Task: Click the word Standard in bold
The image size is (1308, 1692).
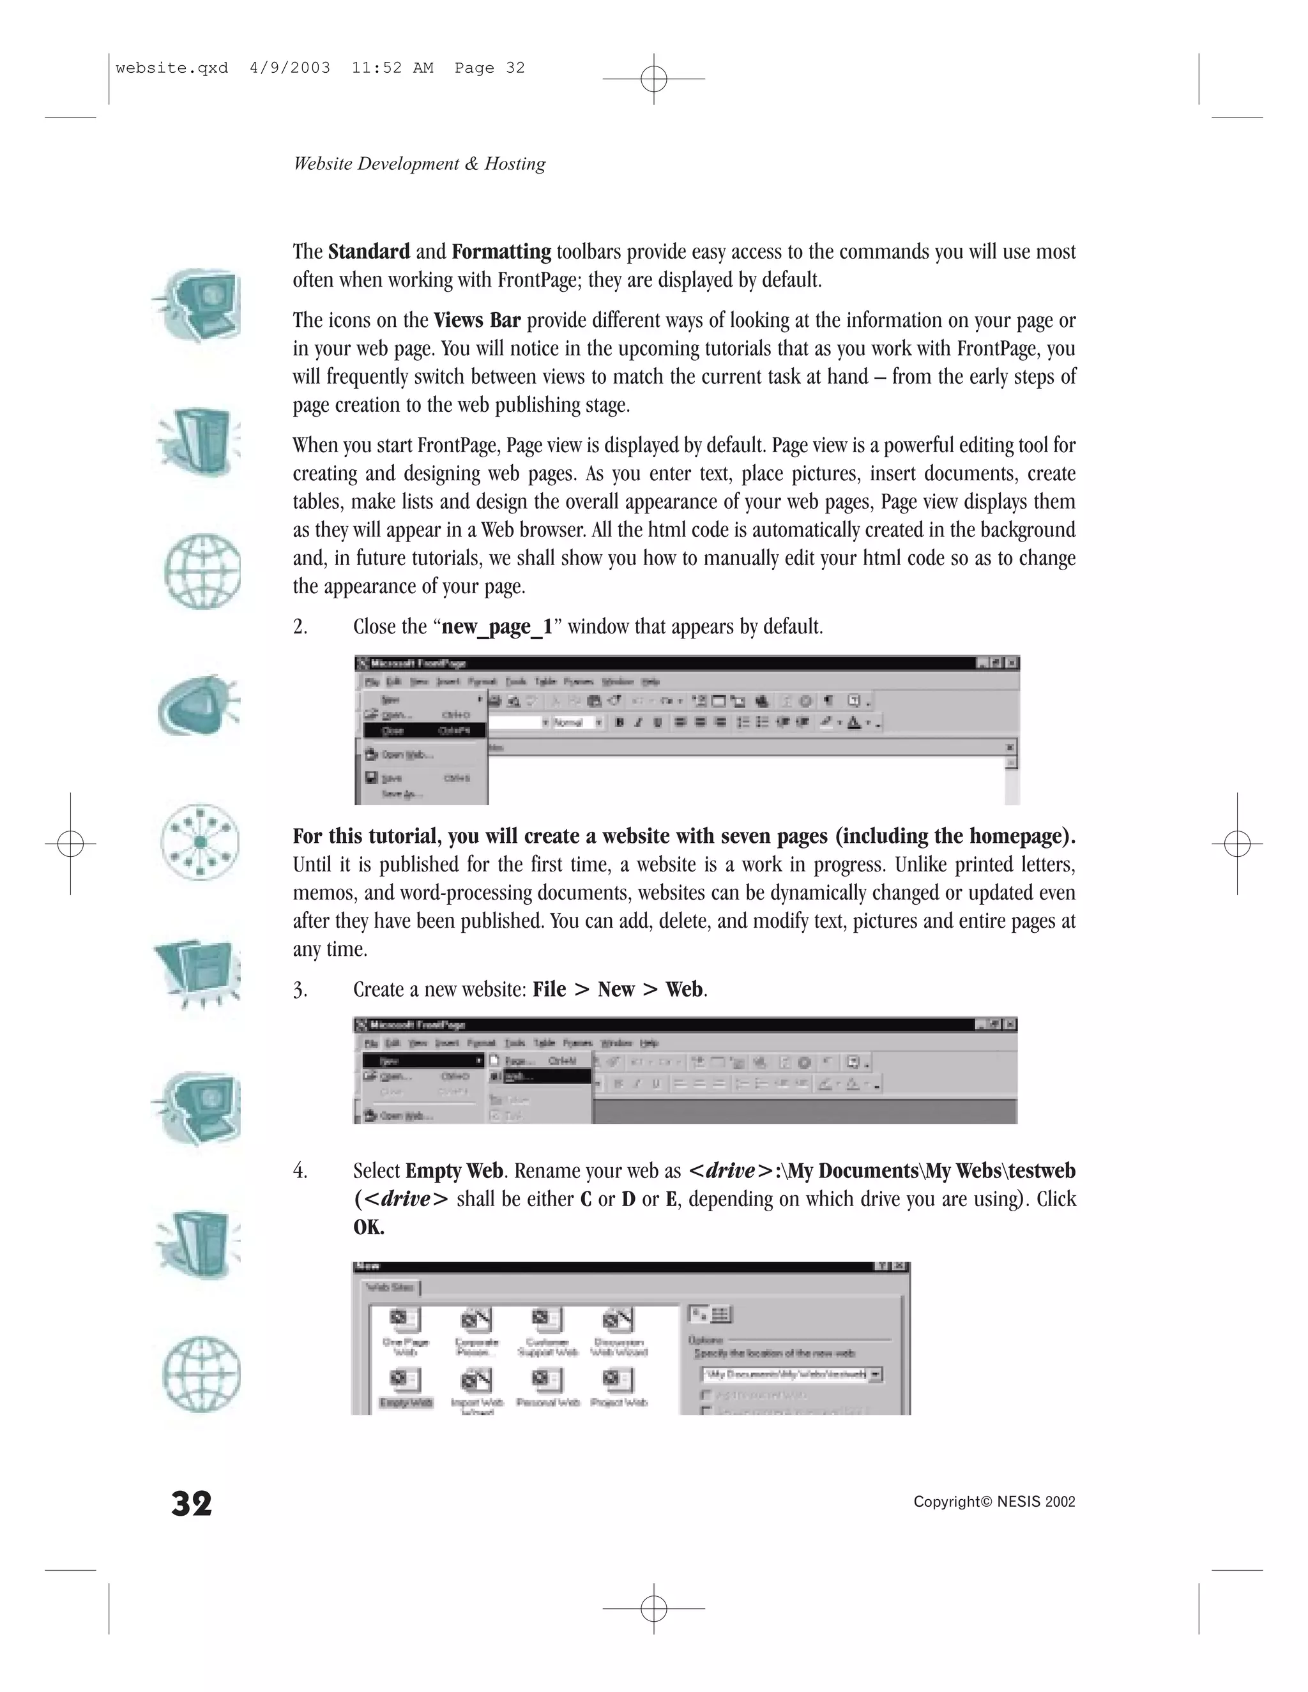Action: (369, 252)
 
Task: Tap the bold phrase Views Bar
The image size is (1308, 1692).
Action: (476, 320)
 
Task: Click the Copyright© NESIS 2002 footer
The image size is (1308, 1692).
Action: (994, 1502)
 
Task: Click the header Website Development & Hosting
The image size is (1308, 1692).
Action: (419, 163)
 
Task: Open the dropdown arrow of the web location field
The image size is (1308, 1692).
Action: (876, 1375)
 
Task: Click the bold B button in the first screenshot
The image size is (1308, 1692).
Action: (619, 722)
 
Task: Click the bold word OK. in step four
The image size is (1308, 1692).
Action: (369, 1227)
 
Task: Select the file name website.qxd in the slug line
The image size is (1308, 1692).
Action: (171, 68)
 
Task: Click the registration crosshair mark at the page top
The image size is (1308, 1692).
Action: (654, 79)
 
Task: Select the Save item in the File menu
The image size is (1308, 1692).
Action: (392, 778)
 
